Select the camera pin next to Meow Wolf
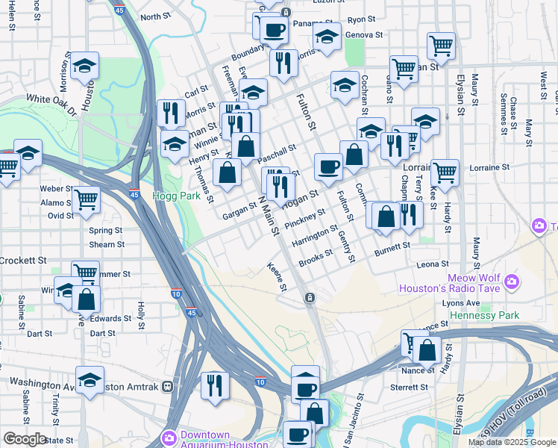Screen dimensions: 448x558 click(512, 281)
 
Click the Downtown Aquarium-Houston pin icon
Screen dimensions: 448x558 click(169, 437)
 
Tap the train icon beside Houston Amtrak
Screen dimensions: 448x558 click(169, 387)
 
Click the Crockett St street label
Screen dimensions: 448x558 click(23, 261)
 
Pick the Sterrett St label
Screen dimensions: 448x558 click(410, 388)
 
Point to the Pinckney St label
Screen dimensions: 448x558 click(305, 219)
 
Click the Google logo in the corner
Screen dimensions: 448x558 click(25, 439)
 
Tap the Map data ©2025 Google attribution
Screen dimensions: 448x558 click(512, 442)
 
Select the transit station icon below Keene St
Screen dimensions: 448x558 click(309, 298)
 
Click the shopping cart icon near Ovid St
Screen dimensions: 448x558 click(87, 199)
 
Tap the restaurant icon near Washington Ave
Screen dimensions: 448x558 click(214, 385)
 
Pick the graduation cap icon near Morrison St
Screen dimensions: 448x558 click(85, 65)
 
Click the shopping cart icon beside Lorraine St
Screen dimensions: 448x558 click(445, 172)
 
